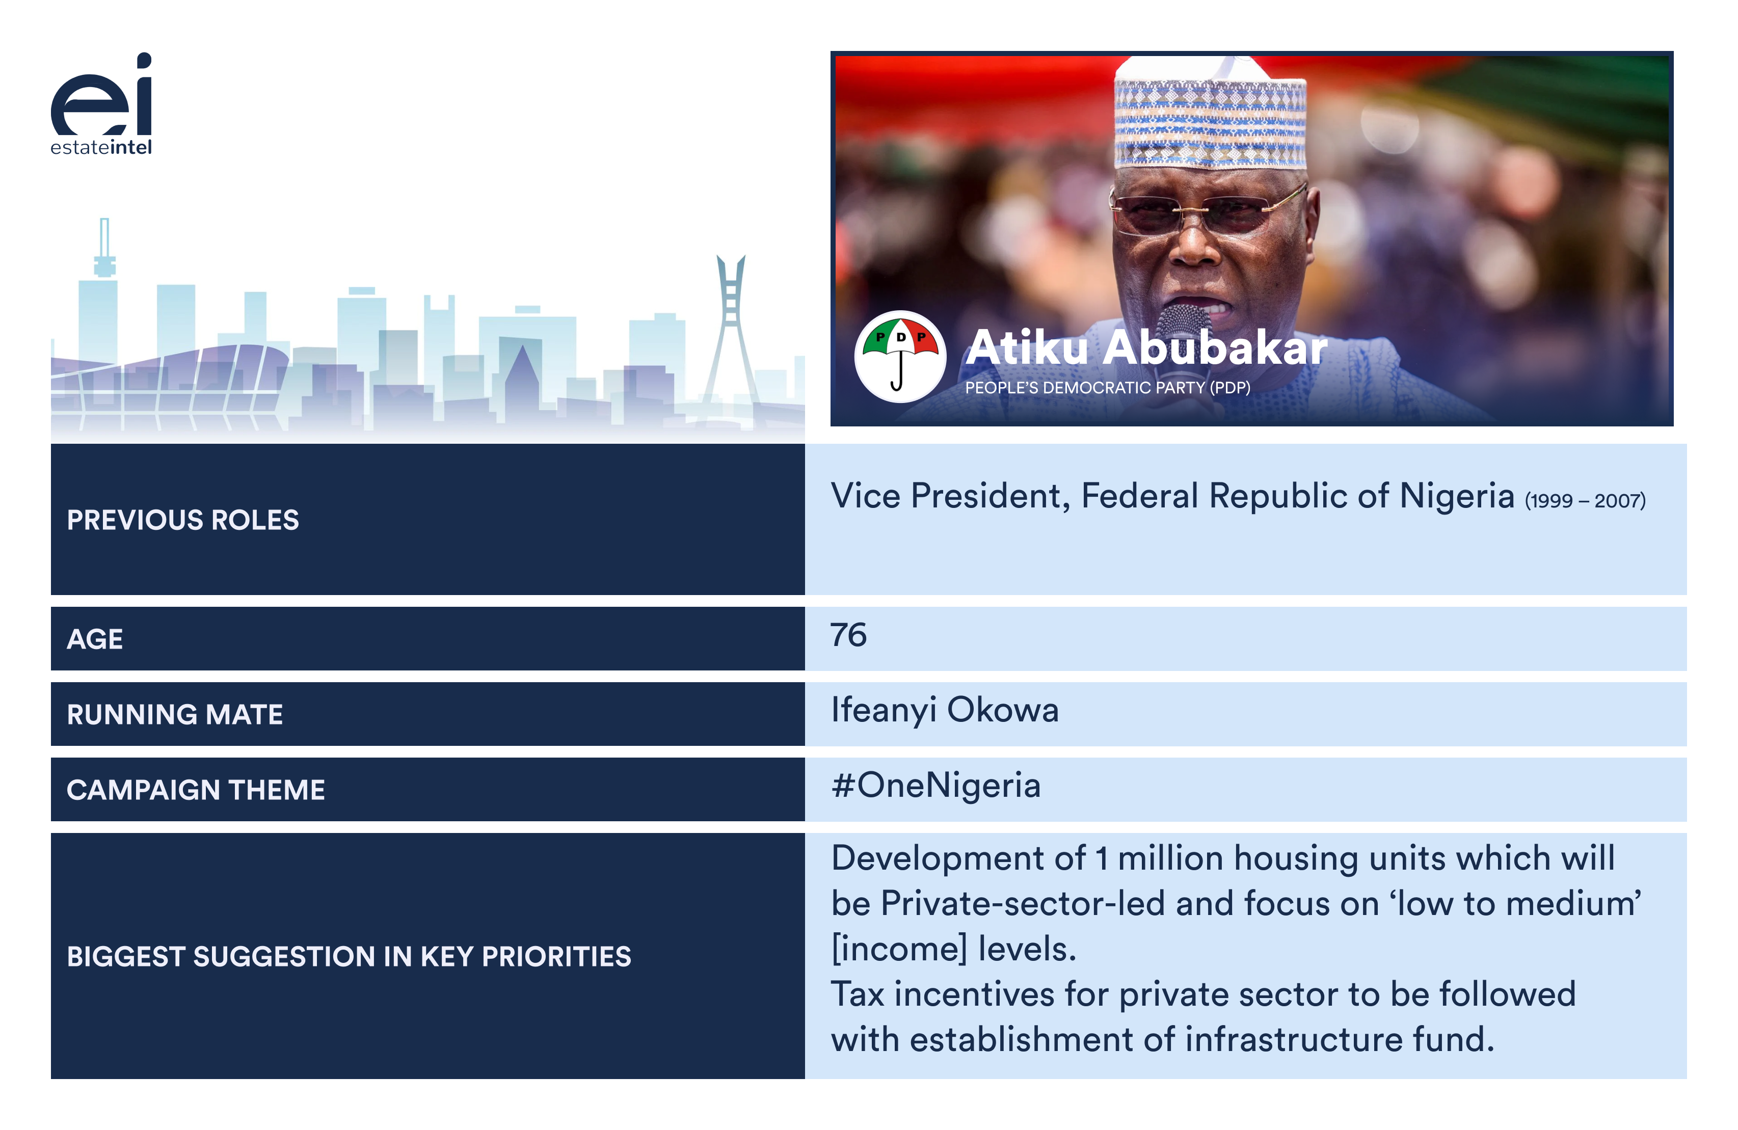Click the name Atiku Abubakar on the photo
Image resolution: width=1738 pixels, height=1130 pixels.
pyautogui.click(x=1146, y=347)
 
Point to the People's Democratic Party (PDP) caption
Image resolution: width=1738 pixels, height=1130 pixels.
pyautogui.click(x=1108, y=388)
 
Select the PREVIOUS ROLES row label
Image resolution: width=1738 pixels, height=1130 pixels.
pyautogui.click(x=182, y=520)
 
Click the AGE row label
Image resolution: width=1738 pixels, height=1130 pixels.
pyautogui.click(x=95, y=639)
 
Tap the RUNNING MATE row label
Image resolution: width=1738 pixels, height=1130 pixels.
pyautogui.click(x=175, y=714)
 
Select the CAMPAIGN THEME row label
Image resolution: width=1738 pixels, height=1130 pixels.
pyautogui.click(x=196, y=789)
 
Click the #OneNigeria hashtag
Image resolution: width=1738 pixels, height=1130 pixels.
pyautogui.click(x=936, y=786)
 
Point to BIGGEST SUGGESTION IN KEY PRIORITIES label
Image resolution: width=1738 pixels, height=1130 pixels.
pyautogui.click(x=349, y=956)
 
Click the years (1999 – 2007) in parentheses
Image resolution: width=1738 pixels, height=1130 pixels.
pyautogui.click(x=1585, y=501)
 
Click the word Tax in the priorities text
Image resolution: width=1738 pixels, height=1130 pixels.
pyautogui.click(x=858, y=994)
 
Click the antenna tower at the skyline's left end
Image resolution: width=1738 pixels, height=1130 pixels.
pyautogui.click(x=104, y=248)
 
